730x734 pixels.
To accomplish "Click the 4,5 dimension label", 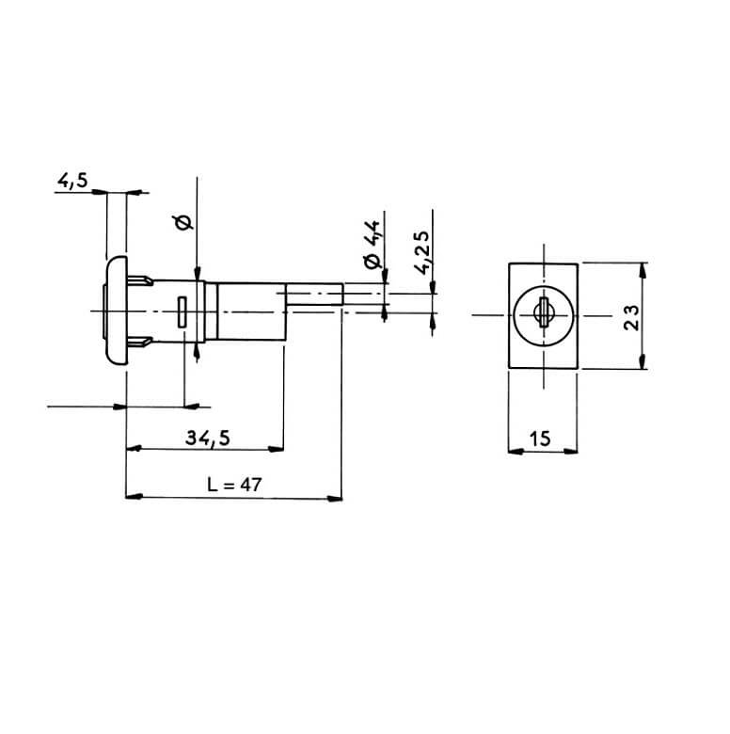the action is [x=72, y=181].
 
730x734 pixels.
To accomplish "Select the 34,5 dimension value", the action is [x=208, y=439].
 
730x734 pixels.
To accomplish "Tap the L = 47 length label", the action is [x=234, y=485].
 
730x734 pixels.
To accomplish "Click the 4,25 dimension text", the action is [x=422, y=252].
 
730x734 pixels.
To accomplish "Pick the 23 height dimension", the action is [x=631, y=317].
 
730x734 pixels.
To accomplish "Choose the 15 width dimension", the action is [x=540, y=439].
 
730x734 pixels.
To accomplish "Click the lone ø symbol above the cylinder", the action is [x=183, y=223].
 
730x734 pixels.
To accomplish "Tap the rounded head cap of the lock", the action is [x=116, y=310].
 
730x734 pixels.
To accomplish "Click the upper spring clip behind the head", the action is [x=140, y=280].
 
